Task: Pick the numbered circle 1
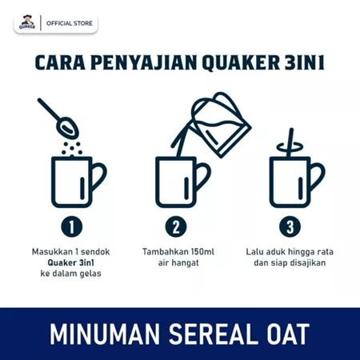coord(73,226)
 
